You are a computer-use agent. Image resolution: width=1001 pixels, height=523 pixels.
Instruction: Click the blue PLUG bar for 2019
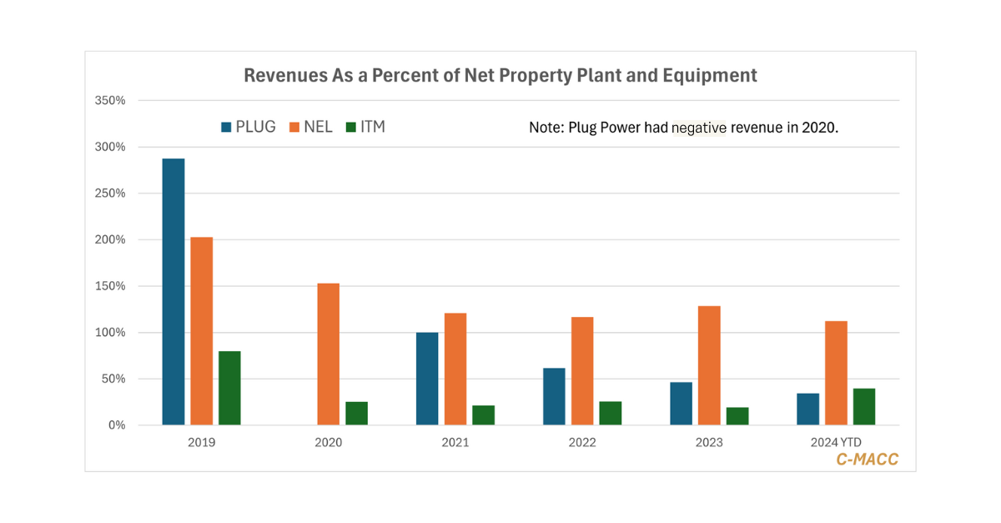tap(174, 292)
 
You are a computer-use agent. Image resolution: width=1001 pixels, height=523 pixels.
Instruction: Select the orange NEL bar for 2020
tap(328, 355)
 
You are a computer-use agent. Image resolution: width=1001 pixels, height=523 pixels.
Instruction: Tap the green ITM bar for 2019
tap(229, 388)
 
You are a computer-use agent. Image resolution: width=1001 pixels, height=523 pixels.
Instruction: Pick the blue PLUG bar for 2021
tap(427, 379)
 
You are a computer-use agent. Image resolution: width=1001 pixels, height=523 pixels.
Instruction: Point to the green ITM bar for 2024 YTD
tap(864, 406)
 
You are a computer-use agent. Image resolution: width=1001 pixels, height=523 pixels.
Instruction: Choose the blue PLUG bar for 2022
tap(554, 396)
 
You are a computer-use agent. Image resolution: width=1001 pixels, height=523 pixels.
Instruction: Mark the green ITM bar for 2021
tap(484, 415)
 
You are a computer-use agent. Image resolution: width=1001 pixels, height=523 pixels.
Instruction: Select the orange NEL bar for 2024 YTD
tap(836, 373)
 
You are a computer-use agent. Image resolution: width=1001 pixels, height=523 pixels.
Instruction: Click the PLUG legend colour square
tap(226, 128)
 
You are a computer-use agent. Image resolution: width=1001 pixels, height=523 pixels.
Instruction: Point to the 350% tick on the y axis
tap(111, 101)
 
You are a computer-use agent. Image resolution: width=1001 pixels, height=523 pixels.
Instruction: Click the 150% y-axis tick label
tap(111, 286)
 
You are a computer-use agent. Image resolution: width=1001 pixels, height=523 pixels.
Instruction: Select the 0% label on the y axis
tap(116, 425)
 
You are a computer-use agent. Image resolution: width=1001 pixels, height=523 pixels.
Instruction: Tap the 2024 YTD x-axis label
tap(837, 442)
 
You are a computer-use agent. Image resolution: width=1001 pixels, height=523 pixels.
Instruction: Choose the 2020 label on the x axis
tap(328, 442)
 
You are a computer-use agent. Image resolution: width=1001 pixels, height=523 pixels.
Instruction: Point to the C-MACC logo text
tap(868, 459)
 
